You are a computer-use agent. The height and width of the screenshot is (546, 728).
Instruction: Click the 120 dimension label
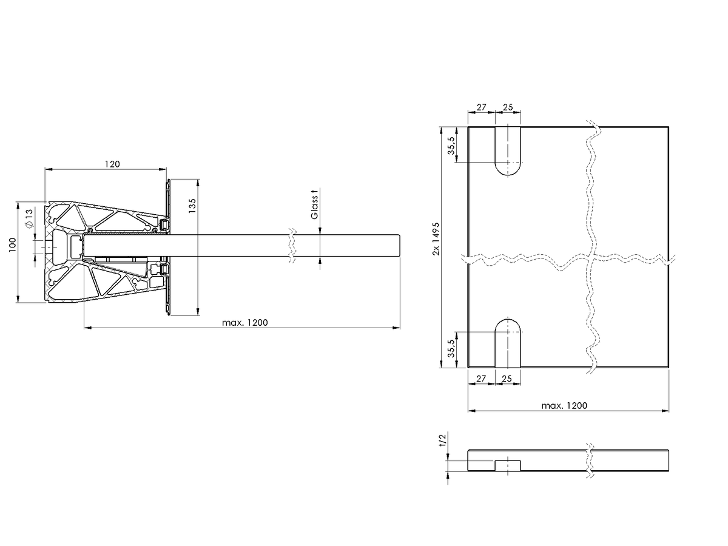click(112, 164)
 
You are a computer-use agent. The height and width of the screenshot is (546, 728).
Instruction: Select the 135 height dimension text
click(192, 206)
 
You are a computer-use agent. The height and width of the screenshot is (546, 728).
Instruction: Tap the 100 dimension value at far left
click(12, 245)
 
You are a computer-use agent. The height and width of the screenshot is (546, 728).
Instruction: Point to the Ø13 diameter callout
click(29, 218)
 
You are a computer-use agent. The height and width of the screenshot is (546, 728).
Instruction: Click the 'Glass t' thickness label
click(314, 204)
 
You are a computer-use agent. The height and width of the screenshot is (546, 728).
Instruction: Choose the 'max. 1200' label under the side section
click(244, 323)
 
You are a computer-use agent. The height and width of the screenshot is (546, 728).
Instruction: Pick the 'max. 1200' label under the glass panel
click(564, 405)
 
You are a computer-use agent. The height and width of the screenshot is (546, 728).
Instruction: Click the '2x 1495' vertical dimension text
click(436, 238)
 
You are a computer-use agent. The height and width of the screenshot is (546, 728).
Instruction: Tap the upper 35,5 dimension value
click(451, 146)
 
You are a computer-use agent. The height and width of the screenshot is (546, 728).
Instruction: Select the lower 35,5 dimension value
click(451, 348)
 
